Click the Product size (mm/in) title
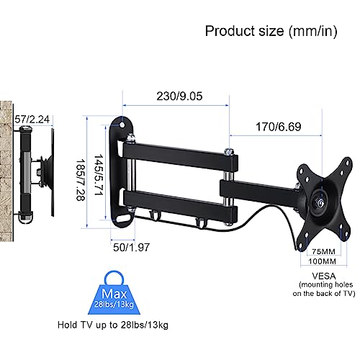point(271,31)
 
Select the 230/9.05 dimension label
point(179,96)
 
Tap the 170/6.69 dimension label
point(279,127)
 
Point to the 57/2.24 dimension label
point(32,120)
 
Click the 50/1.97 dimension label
point(131,248)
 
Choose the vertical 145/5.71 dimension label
point(99,174)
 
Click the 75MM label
point(323,251)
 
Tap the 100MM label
point(323,261)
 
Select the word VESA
point(324,276)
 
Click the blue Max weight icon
point(114,293)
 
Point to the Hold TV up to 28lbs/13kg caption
point(113,325)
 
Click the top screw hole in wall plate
point(122,125)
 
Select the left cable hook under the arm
point(153,215)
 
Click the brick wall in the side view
point(6,171)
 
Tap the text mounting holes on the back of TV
point(324,289)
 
